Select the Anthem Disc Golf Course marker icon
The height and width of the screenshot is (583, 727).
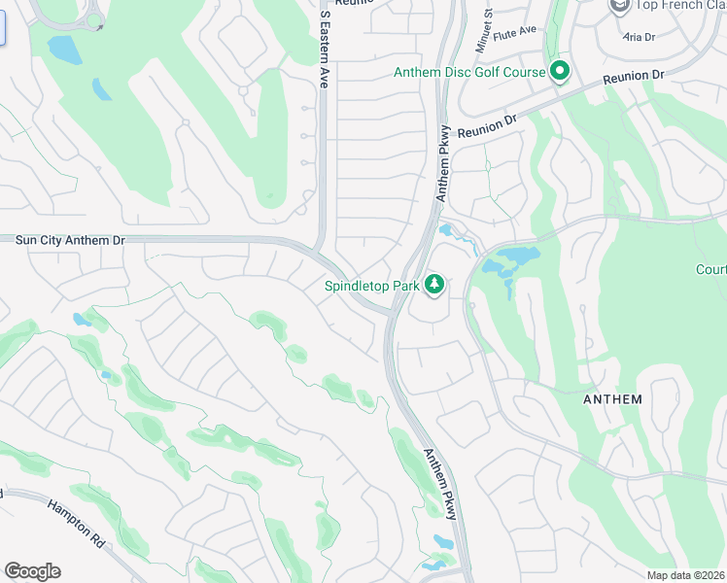point(559,71)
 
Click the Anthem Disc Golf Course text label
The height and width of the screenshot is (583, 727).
point(469,72)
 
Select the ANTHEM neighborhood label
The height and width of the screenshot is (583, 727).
point(612,399)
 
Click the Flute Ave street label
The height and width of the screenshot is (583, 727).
point(515,33)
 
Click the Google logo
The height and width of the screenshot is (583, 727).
point(32,571)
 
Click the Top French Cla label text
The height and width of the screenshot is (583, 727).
point(681,7)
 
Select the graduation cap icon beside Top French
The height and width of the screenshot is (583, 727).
point(618,6)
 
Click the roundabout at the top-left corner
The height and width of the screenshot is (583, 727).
point(95,20)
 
